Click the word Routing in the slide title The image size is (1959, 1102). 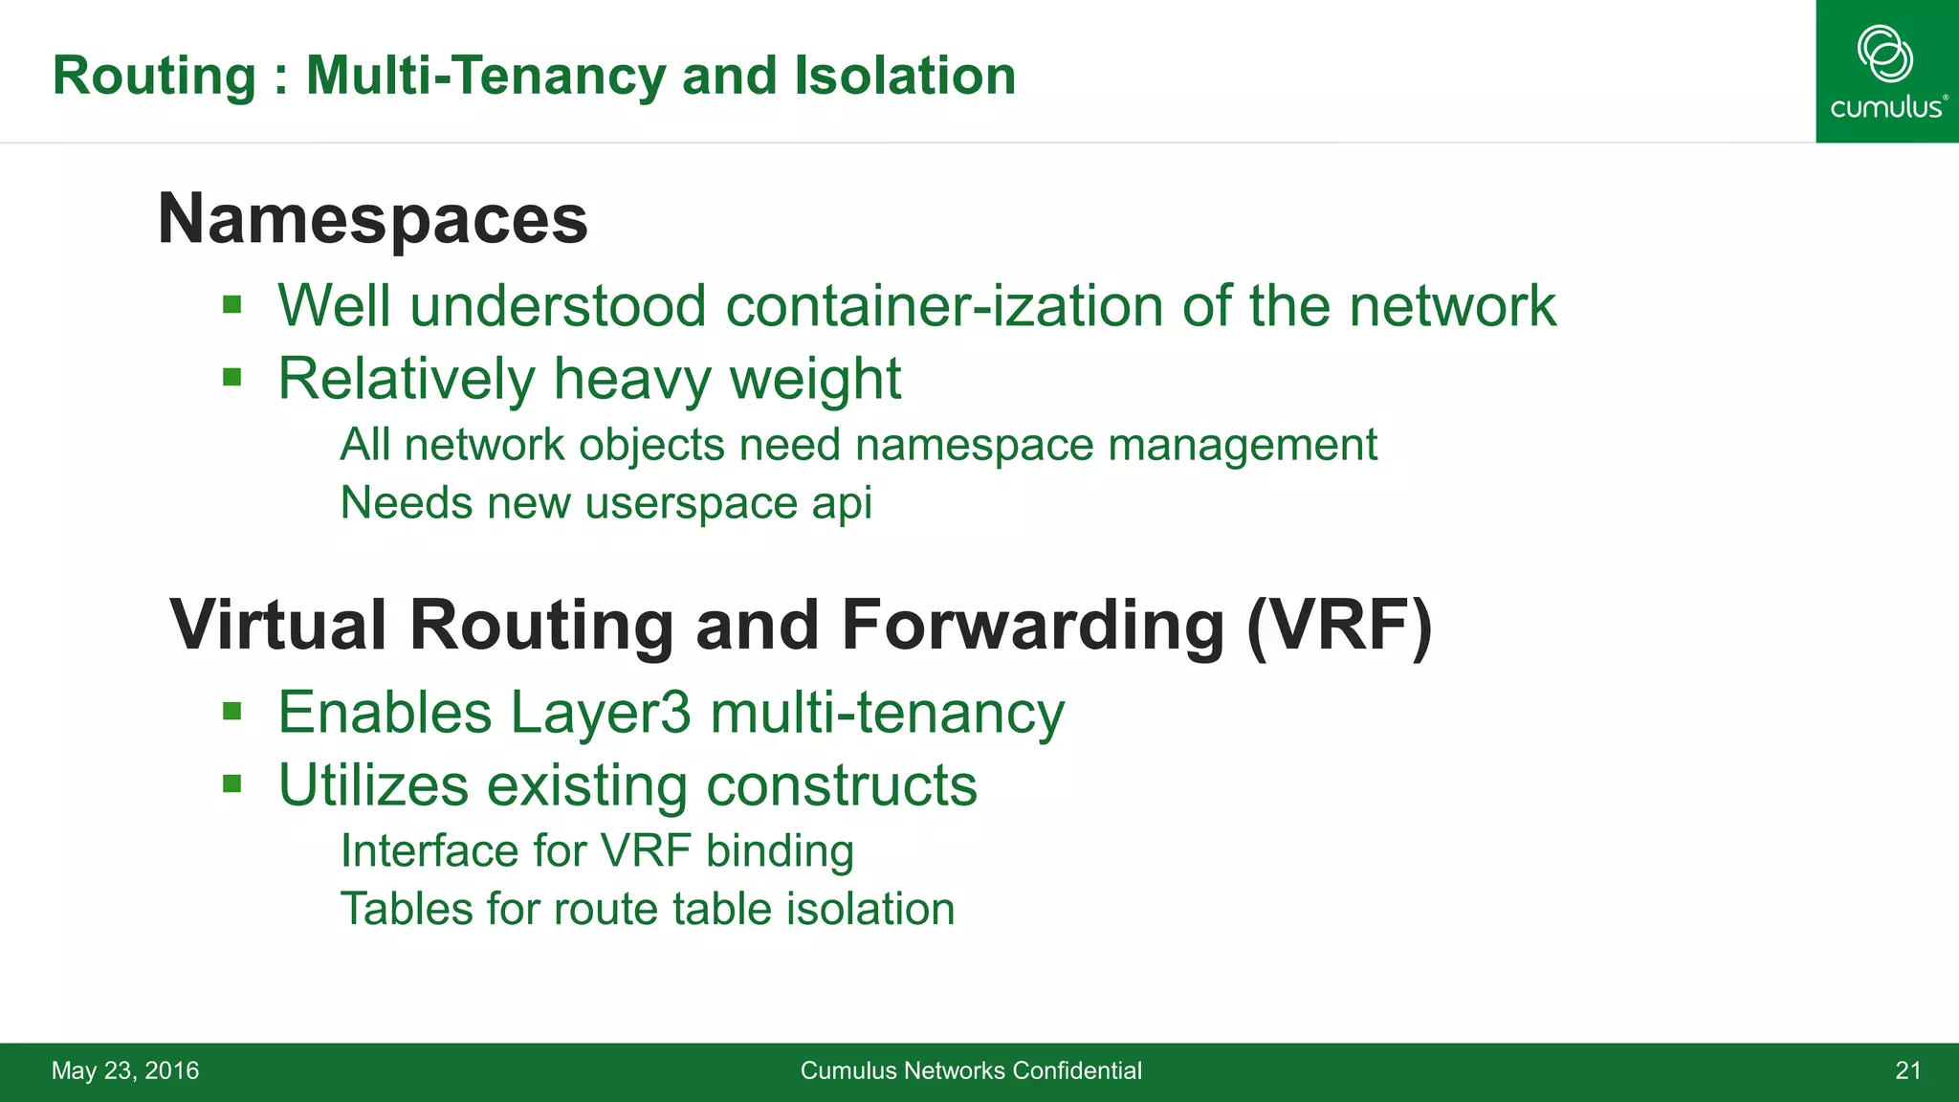tap(154, 76)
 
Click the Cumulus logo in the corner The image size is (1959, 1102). tap(1886, 72)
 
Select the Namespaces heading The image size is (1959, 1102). tap(372, 219)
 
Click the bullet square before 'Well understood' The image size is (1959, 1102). tap(231, 305)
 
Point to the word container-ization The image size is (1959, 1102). tap(944, 306)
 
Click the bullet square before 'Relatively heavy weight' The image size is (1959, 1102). tap(231, 378)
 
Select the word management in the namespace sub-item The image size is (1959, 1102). tap(1243, 446)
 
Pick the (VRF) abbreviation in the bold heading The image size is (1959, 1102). tap(1339, 626)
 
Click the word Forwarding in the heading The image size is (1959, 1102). tap(1032, 626)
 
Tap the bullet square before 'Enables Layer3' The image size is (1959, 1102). tap(231, 712)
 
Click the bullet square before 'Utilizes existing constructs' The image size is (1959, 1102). tap(231, 784)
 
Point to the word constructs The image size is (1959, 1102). tap(842, 785)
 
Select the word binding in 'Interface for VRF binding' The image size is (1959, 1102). tap(780, 851)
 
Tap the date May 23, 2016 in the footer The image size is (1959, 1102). tap(125, 1070)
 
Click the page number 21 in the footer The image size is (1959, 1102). tap(1907, 1070)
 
